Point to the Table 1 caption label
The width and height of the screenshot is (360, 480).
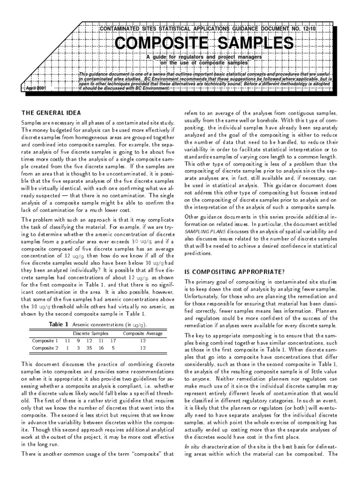59,324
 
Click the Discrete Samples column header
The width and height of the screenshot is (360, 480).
90,333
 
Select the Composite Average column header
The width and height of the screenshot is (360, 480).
142,333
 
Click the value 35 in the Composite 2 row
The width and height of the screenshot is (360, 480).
89,348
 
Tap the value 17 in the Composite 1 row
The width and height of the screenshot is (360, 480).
113,341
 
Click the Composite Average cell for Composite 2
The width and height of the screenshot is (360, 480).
142,348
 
